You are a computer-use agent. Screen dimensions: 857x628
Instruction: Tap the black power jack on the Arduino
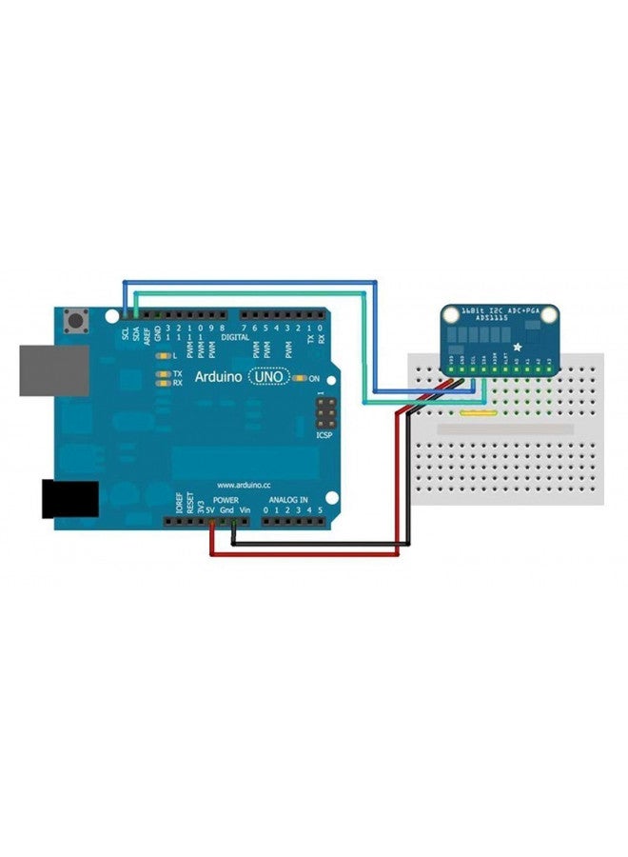[x=69, y=499]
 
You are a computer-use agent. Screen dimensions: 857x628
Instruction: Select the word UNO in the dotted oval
[x=270, y=377]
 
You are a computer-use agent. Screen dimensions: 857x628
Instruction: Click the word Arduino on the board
[x=219, y=377]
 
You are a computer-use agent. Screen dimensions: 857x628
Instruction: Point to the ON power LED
[x=302, y=378]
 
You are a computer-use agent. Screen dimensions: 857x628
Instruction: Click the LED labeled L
[x=165, y=354]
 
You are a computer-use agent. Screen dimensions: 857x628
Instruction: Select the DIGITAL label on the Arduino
[x=236, y=337]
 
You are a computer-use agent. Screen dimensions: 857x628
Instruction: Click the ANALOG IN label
[x=287, y=499]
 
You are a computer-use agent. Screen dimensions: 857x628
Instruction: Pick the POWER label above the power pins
[x=226, y=499]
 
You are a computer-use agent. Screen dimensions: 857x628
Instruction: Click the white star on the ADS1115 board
[x=516, y=347]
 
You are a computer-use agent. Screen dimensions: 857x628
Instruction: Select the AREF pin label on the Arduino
[x=147, y=336]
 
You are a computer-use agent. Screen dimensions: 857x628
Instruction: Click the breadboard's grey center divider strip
[x=504, y=430]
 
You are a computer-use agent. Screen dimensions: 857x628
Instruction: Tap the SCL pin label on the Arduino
[x=125, y=335]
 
